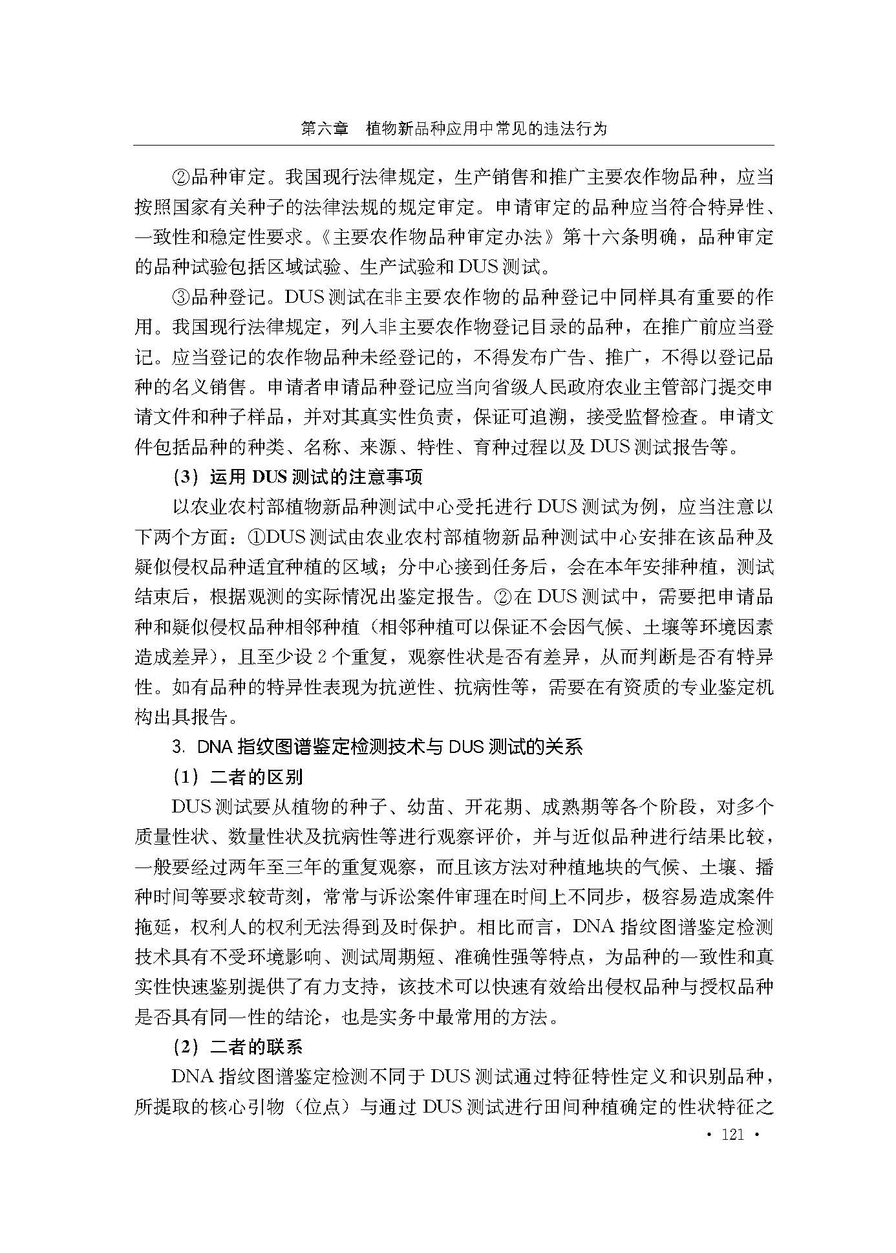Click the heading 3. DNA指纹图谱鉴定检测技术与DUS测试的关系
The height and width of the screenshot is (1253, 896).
click(x=378, y=747)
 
